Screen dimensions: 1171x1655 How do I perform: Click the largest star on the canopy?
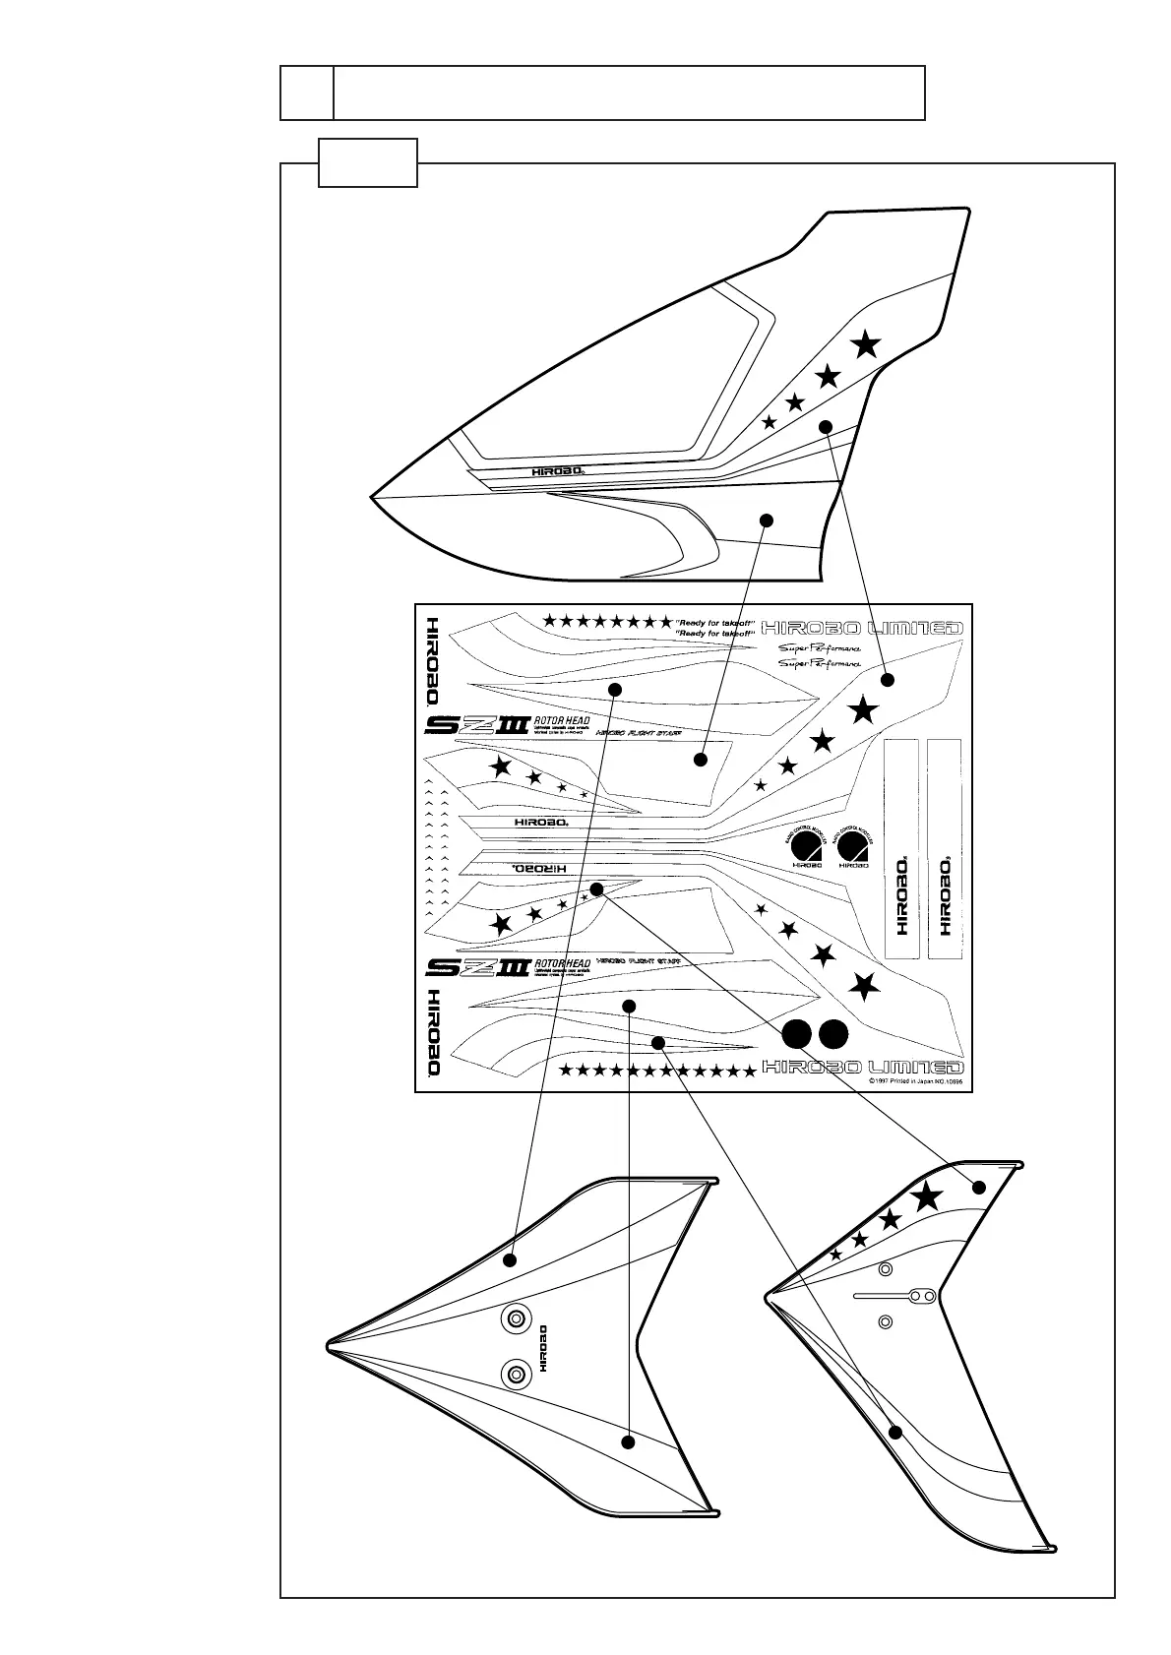(x=865, y=344)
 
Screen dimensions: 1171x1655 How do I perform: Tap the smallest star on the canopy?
(x=770, y=422)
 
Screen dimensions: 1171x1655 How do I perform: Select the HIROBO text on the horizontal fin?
(x=543, y=1347)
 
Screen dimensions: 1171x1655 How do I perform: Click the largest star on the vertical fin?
(x=926, y=1196)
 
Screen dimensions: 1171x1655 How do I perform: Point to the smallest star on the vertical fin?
(x=836, y=1255)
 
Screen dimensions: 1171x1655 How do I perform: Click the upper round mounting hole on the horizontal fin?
(x=515, y=1319)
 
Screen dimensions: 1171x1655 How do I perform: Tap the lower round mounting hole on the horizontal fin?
(x=515, y=1372)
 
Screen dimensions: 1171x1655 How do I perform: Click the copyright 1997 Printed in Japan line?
(x=914, y=1080)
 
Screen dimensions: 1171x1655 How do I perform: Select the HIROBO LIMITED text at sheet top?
(x=862, y=628)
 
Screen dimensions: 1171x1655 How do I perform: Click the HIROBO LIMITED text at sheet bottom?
(x=862, y=1067)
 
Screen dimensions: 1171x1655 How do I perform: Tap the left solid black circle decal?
(x=796, y=1034)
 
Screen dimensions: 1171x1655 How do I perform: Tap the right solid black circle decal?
(x=833, y=1034)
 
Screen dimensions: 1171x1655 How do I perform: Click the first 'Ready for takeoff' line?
(x=714, y=623)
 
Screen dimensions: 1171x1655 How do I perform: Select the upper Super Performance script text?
(x=820, y=648)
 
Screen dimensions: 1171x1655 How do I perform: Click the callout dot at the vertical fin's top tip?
(x=979, y=1187)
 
